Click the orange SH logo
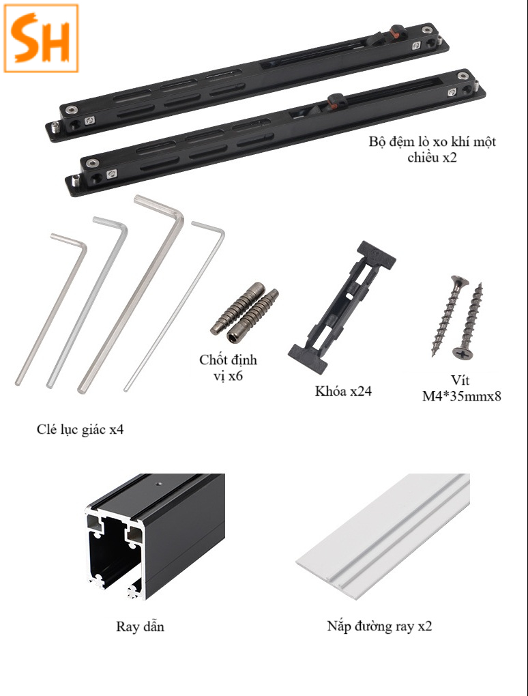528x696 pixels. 41,39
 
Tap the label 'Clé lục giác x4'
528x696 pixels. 80,430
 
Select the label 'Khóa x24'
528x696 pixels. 343,391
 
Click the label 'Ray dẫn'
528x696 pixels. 141,626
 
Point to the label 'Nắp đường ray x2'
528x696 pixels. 379,626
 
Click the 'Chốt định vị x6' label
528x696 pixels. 228,367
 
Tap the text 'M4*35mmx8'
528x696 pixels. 461,396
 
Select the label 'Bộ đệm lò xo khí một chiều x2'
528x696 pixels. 432,149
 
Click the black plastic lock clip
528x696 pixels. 342,306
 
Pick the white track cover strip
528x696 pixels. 383,537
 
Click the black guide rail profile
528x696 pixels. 155,536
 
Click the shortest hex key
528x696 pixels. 51,308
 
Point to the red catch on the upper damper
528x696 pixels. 394,31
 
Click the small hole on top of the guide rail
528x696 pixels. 157,482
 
